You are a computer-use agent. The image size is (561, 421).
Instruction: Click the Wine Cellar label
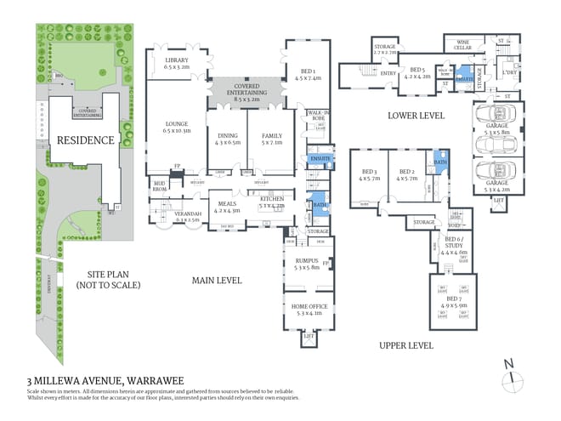coord(464,44)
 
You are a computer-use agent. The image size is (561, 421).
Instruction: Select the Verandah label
coord(186,216)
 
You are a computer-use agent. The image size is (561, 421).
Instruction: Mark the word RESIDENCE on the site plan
coord(85,139)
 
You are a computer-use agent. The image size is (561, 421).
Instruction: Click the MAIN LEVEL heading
coord(217,280)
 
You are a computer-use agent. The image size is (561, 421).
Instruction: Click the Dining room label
coord(228,136)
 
